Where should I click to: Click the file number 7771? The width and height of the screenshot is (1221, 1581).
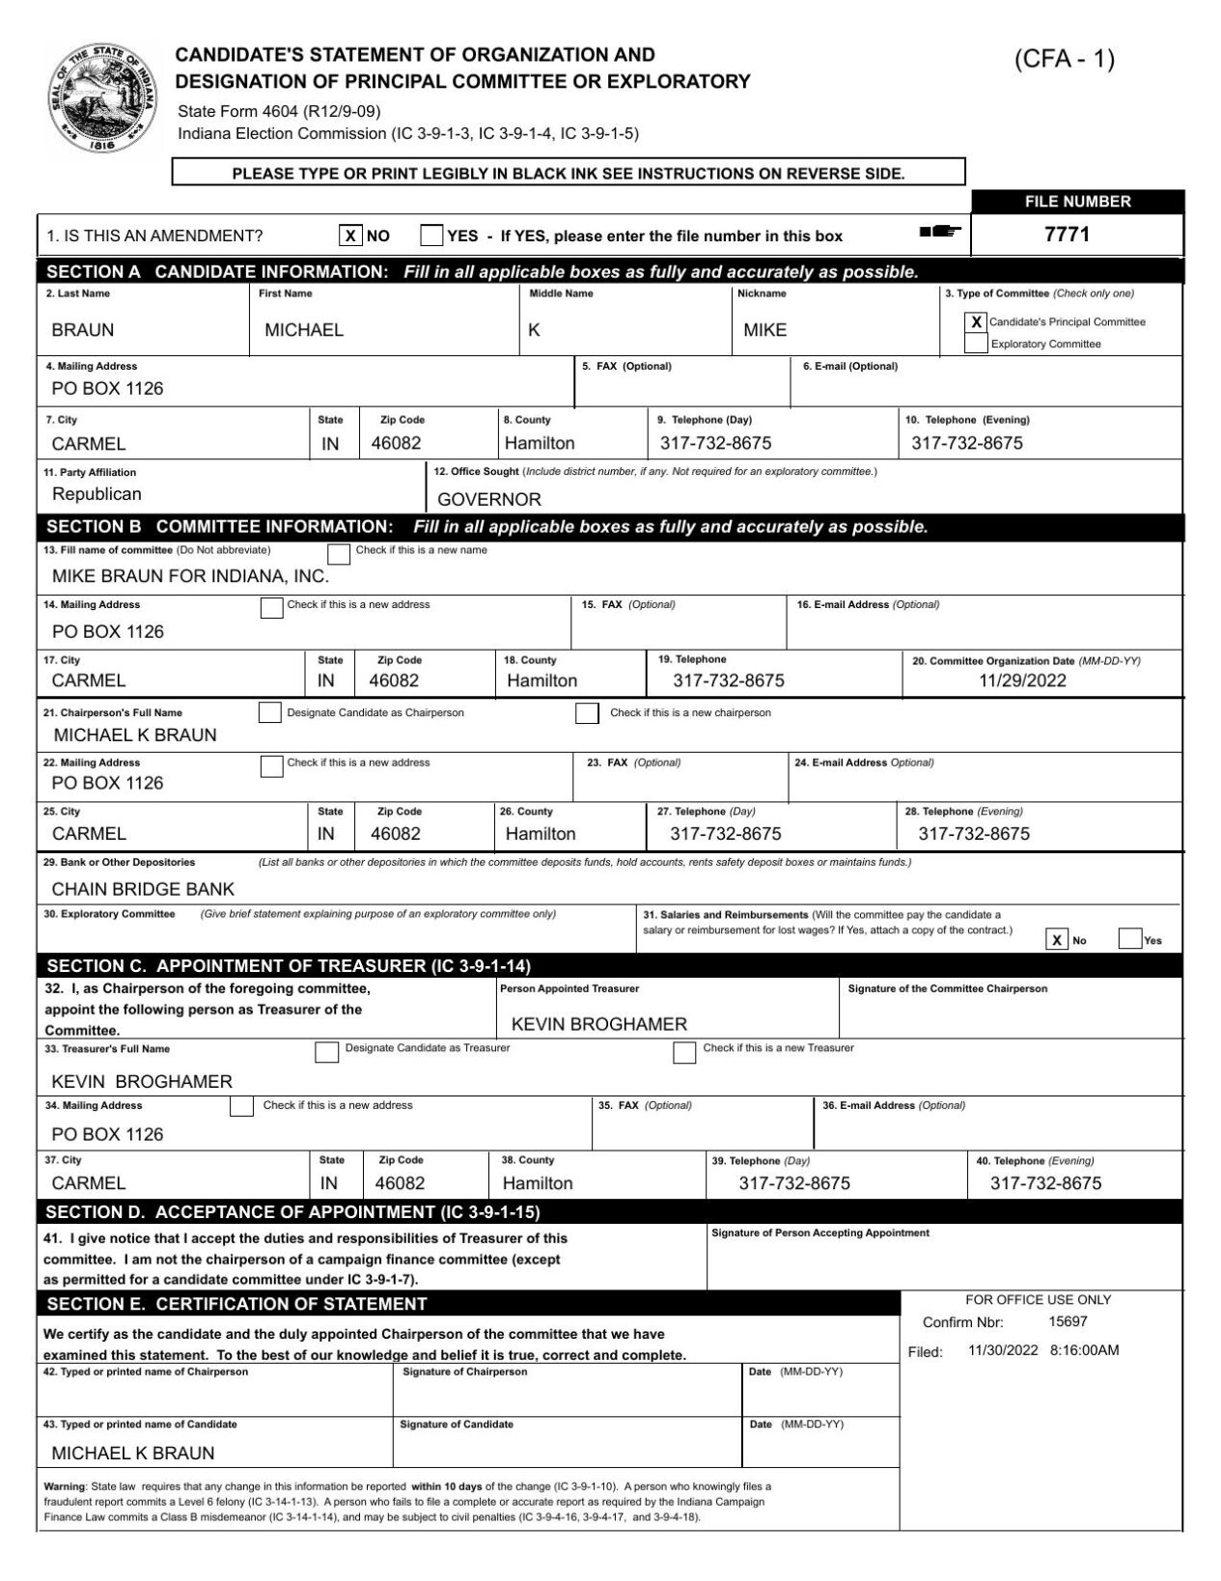tap(1067, 235)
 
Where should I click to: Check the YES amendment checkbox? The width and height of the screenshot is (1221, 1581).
tap(431, 236)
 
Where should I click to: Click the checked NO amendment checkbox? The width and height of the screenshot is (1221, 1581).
tap(351, 236)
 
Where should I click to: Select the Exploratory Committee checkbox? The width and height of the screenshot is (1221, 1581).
tap(976, 344)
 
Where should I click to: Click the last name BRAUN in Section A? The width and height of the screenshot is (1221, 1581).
tap(83, 330)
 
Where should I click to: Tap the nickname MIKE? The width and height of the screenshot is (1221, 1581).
tap(764, 330)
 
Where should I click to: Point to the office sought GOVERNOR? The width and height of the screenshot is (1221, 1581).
tap(489, 499)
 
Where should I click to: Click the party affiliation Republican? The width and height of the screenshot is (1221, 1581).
tap(97, 494)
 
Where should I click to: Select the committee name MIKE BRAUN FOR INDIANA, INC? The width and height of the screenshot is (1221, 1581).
tap(190, 576)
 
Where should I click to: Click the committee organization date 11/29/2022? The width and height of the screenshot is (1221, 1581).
tap(1022, 680)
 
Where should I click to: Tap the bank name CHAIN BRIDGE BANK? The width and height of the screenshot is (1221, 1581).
tap(143, 889)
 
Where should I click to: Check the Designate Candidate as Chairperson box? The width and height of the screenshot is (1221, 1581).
tap(269, 713)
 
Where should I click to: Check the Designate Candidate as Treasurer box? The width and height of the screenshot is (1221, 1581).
tap(327, 1052)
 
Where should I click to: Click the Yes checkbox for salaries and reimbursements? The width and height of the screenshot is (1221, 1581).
tap(1129, 939)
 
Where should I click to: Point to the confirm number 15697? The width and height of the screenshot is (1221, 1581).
tap(1068, 1321)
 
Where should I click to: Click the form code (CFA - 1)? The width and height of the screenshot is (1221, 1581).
tap(1064, 60)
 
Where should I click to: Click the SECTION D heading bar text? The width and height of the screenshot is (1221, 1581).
tap(292, 1212)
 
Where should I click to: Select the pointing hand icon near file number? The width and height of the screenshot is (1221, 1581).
tap(941, 232)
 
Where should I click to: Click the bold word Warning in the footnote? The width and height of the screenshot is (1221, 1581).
tap(65, 1486)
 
